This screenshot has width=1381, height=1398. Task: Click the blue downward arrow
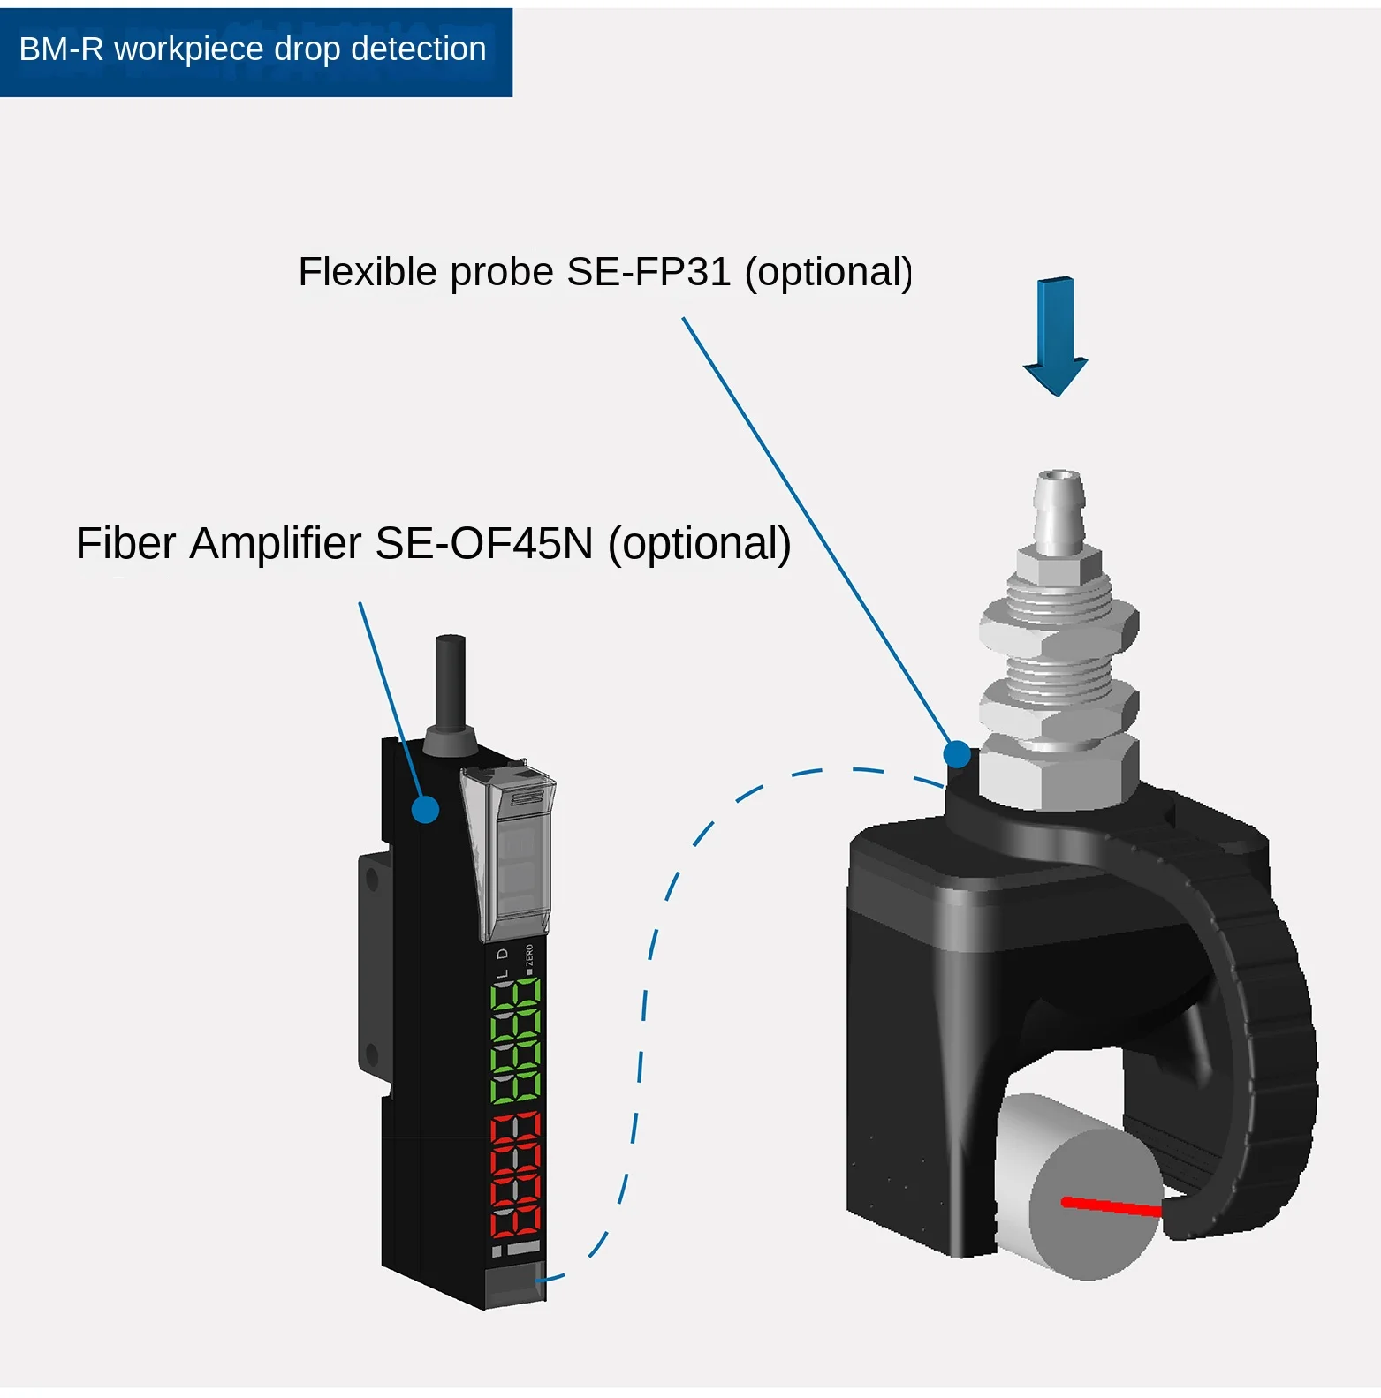point(1055,336)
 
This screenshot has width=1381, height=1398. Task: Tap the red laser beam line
point(1112,1206)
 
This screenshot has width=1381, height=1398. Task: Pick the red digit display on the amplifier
point(516,1175)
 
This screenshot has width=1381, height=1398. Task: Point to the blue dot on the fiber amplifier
point(425,809)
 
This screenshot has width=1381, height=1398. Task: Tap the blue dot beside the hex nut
point(956,754)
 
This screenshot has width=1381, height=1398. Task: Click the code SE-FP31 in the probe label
point(649,272)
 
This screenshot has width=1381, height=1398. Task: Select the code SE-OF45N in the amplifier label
point(484,543)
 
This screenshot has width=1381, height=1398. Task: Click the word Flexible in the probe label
point(367,272)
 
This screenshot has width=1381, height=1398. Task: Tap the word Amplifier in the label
point(276,543)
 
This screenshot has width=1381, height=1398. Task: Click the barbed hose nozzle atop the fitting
point(1059,508)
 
